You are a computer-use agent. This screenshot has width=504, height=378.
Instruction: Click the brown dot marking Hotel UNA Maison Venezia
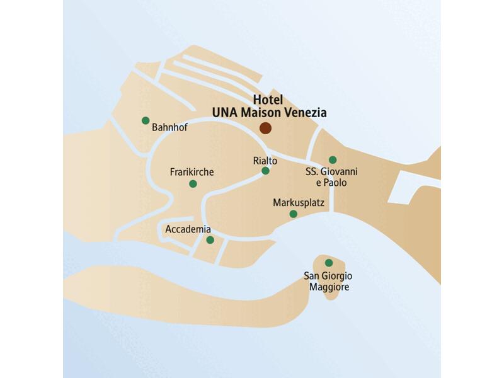tap(265, 128)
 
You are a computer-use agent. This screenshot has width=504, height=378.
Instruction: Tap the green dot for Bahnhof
tap(146, 120)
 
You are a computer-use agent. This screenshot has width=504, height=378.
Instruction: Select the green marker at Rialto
tap(265, 171)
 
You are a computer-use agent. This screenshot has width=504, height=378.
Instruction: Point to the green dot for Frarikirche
tap(193, 184)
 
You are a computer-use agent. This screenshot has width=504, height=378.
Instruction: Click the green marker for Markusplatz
tap(293, 214)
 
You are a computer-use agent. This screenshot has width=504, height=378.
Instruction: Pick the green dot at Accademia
tap(210, 240)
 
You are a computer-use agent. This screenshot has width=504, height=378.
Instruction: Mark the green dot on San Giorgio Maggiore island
tap(328, 263)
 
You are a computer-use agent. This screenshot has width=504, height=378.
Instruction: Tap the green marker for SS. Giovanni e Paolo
tap(333, 160)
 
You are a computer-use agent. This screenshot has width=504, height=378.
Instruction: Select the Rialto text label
tap(256, 161)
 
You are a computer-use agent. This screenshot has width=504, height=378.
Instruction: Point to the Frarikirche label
tap(192, 172)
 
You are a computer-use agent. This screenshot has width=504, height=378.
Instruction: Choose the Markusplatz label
tap(299, 203)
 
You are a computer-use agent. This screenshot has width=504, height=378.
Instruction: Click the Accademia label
tap(188, 229)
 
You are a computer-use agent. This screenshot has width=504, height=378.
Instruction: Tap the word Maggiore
tap(329, 287)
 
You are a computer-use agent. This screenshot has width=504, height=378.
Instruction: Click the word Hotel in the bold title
tap(268, 100)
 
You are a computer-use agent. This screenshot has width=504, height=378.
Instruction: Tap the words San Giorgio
tap(328, 276)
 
